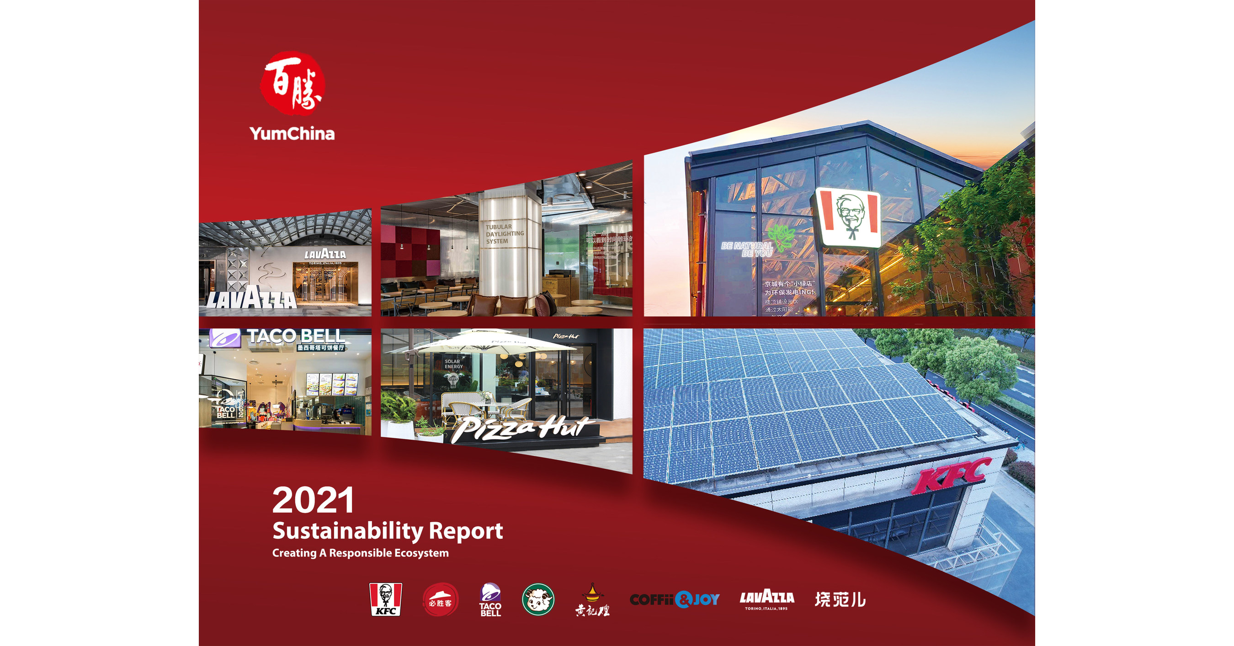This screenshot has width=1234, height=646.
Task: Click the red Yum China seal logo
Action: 292,84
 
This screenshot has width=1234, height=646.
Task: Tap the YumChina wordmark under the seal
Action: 292,133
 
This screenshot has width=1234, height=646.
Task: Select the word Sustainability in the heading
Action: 348,531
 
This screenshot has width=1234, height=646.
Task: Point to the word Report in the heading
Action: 466,530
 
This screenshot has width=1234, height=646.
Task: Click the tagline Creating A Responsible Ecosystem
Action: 360,553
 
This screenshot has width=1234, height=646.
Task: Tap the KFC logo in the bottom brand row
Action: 386,599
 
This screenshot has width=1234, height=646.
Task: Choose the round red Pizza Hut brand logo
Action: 440,599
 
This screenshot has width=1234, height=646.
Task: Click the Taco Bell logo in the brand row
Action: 490,599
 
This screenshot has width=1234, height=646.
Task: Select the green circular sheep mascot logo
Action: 538,599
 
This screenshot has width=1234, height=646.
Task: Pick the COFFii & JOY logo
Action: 675,599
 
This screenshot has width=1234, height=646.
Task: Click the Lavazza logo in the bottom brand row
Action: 766,599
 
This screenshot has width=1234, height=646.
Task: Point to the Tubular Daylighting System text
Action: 504,234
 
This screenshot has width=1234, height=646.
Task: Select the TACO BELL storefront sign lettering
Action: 296,336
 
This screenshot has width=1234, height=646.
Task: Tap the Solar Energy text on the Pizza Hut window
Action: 453,364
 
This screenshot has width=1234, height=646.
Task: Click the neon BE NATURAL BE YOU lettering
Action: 747,249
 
